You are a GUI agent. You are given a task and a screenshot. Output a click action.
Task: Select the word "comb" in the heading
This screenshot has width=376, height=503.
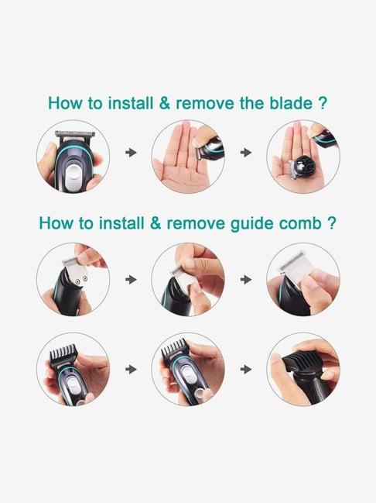tap(299, 223)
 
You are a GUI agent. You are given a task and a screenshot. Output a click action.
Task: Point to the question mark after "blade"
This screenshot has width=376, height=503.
tap(323, 103)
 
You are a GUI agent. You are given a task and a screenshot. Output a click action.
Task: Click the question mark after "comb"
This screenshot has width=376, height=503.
tap(332, 223)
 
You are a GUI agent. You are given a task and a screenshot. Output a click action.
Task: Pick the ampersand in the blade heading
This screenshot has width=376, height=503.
tap(164, 103)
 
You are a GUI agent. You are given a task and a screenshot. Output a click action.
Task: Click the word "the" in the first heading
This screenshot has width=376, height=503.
tap(251, 103)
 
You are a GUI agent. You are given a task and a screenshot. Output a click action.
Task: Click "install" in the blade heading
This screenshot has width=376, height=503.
tap(130, 103)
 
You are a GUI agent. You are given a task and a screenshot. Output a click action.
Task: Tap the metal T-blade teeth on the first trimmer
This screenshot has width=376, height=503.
tap(75, 133)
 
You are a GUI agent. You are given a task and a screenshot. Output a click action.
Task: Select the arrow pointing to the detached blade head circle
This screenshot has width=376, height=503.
tap(246, 153)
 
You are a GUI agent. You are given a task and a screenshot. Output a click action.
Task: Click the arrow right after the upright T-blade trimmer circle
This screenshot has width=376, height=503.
tap(131, 153)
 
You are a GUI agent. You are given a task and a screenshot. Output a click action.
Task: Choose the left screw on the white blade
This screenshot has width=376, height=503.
tap(77, 281)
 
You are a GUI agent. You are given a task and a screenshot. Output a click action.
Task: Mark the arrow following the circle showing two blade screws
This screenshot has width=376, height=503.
tap(131, 280)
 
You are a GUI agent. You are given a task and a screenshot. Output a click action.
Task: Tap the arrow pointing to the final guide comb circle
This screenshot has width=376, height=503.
tap(246, 369)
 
